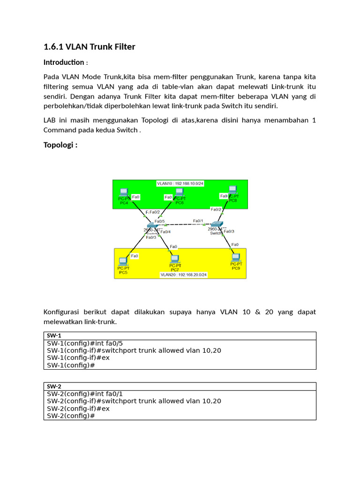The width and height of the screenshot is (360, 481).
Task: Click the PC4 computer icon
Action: (124, 192)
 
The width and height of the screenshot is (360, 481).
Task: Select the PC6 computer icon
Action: (179, 192)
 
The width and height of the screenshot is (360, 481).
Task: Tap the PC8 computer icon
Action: (232, 190)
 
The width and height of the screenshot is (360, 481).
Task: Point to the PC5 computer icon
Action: (123, 261)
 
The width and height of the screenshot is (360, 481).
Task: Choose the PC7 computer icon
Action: (174, 258)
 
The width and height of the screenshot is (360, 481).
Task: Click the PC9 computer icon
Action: (236, 257)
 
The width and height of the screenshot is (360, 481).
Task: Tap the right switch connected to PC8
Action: (217, 225)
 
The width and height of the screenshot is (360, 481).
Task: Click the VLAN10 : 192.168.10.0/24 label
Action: (180, 183)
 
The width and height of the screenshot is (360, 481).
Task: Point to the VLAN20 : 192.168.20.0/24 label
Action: (183, 275)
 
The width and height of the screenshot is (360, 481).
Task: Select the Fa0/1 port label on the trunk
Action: (198, 220)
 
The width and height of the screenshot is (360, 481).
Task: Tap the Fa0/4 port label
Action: (166, 232)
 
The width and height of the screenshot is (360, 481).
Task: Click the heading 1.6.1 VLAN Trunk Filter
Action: (89, 47)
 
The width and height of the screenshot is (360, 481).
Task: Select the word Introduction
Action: (63, 62)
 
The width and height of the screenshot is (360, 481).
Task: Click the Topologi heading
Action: (60, 145)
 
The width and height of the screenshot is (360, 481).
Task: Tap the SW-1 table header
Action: (54, 335)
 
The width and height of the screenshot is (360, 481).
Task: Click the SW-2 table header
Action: (54, 386)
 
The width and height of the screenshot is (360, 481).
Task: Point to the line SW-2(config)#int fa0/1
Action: (85, 394)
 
